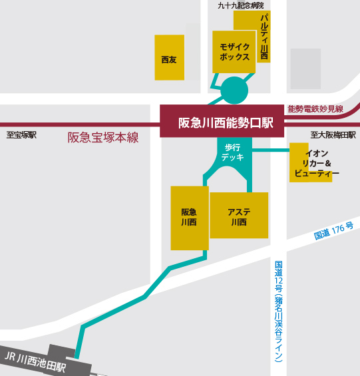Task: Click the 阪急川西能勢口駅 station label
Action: point(226,122)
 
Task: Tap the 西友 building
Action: point(169,59)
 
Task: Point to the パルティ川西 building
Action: point(264,37)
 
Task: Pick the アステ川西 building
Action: point(238,216)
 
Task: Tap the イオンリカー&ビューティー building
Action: point(311,164)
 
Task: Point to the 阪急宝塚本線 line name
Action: point(102,138)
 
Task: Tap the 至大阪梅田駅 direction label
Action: point(333,135)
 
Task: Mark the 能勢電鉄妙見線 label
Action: point(315,108)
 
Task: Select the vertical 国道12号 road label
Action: point(279,310)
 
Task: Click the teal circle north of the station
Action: point(234,90)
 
